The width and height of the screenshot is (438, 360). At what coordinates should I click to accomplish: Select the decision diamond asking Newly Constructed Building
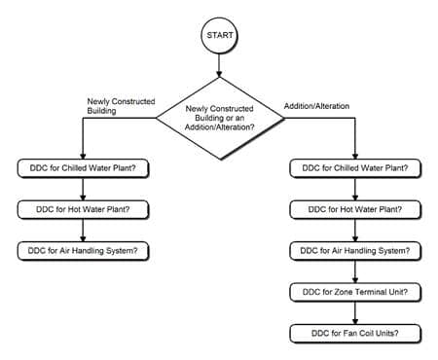click(x=219, y=118)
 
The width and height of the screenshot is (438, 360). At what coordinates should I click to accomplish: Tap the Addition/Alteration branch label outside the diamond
click(x=317, y=104)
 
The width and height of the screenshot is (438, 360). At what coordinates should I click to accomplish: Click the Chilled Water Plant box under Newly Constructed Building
click(x=84, y=167)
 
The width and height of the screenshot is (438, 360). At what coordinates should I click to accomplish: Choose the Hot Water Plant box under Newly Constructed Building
click(x=84, y=208)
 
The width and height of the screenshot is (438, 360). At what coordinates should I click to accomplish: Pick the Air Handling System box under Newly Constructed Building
click(x=84, y=250)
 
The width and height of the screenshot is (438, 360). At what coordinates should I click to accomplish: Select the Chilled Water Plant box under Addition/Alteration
click(x=355, y=167)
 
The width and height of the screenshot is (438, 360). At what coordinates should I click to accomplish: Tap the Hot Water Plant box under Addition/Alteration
click(x=355, y=208)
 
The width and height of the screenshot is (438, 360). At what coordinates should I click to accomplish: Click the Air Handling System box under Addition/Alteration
click(x=355, y=250)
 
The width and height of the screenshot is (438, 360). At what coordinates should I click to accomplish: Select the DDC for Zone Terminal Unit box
click(x=355, y=292)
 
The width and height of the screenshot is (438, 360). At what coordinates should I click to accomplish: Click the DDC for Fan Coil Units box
click(x=355, y=333)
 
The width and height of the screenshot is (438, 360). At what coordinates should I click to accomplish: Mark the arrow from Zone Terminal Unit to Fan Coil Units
click(x=355, y=312)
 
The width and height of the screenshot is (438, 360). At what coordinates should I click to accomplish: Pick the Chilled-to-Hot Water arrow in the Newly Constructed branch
click(x=84, y=188)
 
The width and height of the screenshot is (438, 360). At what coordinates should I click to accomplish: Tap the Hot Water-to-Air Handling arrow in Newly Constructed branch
click(x=84, y=230)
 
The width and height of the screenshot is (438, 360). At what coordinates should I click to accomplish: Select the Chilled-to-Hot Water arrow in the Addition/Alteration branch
click(x=355, y=188)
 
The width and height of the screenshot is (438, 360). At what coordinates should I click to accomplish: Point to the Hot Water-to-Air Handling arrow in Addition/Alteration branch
click(x=355, y=230)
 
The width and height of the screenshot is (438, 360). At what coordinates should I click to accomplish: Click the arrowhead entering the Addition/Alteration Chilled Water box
click(x=355, y=155)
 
